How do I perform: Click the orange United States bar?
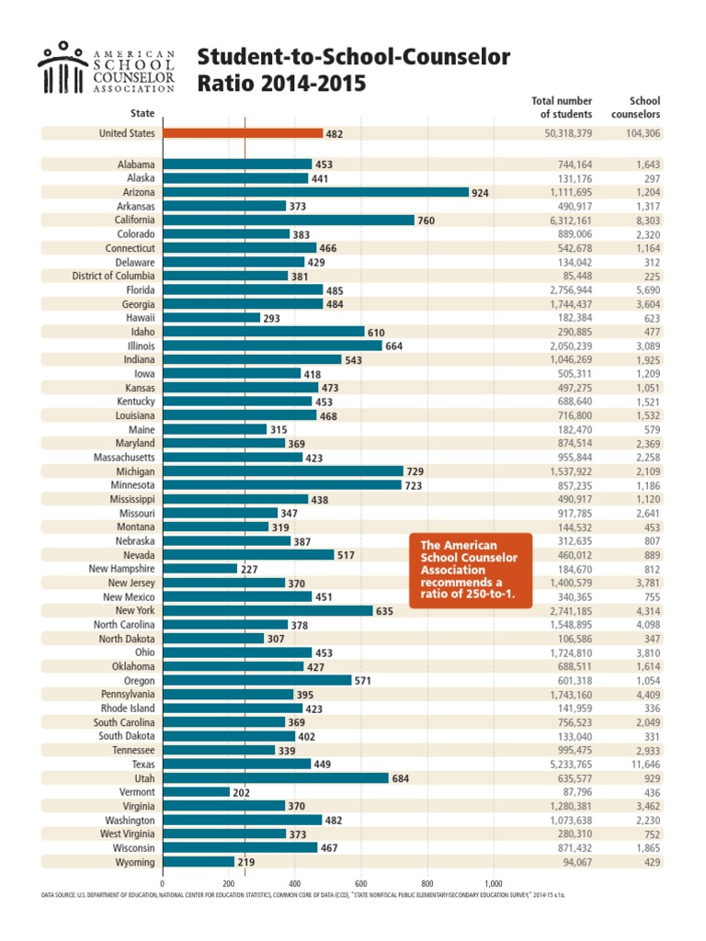(x=242, y=133)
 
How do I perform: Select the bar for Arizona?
(x=315, y=192)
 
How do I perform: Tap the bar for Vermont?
(x=195, y=791)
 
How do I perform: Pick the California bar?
(x=288, y=221)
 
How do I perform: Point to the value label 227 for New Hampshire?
(x=248, y=569)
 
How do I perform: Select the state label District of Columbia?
(x=114, y=276)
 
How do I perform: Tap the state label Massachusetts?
(x=124, y=457)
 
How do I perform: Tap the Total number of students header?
(x=562, y=108)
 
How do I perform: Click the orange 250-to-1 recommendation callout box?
(x=470, y=570)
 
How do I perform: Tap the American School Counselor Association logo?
(x=106, y=69)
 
